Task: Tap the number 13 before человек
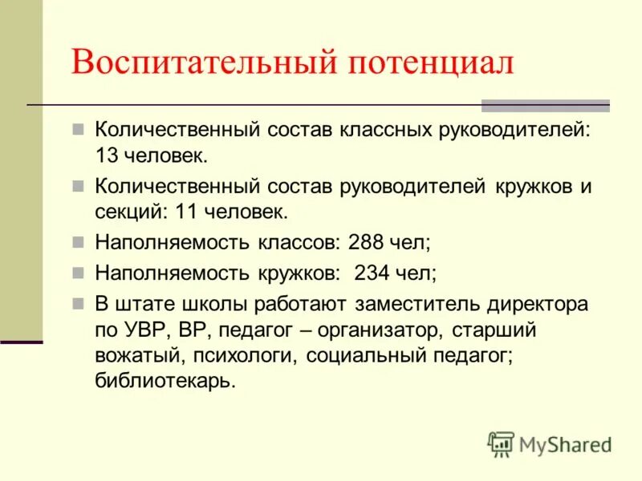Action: pos(107,153)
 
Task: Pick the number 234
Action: pos(372,272)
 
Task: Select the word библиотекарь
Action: pos(165,381)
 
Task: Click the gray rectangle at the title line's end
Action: pos(545,105)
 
